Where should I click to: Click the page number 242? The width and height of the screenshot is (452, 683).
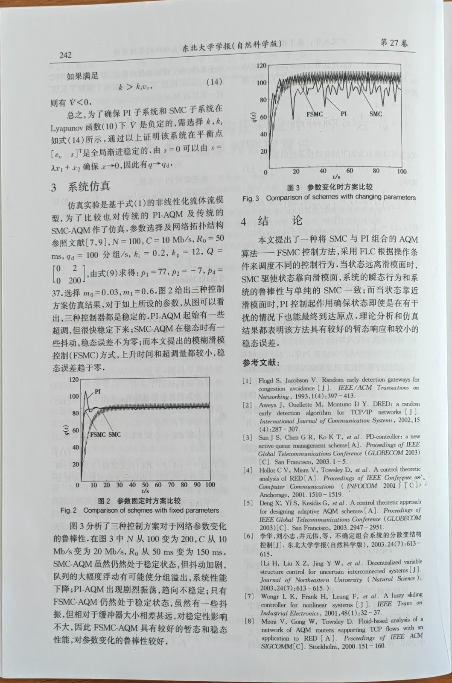[65, 55]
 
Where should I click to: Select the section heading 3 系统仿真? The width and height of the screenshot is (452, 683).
[81, 187]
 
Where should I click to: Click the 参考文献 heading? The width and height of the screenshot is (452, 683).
[261, 362]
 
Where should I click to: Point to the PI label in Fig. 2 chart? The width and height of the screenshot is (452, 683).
[98, 391]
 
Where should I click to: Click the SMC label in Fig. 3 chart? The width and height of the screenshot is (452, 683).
[376, 114]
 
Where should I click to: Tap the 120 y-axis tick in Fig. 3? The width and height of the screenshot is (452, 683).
[261, 66]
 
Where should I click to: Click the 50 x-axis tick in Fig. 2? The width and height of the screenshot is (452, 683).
[146, 485]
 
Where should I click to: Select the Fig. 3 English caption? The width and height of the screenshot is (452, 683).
[329, 198]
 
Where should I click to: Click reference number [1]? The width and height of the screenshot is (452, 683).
[247, 380]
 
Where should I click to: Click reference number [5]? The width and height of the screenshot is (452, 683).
[248, 503]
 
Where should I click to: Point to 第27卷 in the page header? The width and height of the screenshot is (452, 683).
[394, 43]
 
